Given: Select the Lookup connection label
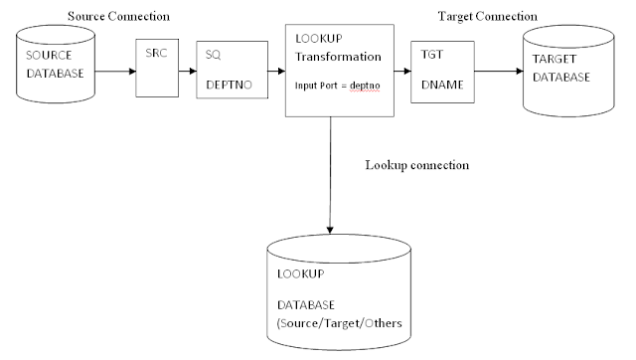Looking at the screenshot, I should [x=415, y=165].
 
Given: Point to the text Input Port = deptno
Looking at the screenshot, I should [x=339, y=87].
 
